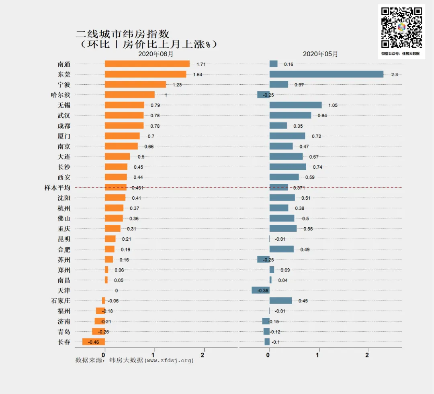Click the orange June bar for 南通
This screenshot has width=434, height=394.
pyautogui.click(x=147, y=64)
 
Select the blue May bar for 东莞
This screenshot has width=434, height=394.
pyautogui.click(x=326, y=74)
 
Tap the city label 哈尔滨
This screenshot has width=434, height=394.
pyautogui.click(x=61, y=95)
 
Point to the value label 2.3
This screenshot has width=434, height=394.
pyautogui.click(x=394, y=75)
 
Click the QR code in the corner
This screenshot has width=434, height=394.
pyautogui.click(x=401, y=28)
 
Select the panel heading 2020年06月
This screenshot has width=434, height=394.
pyautogui.click(x=156, y=54)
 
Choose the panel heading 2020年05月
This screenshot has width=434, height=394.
pyautogui.click(x=320, y=54)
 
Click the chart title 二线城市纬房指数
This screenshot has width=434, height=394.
pyautogui.click(x=123, y=34)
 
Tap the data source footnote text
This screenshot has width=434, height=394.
pyautogui.click(x=135, y=360)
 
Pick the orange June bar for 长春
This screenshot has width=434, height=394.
pyautogui.click(x=94, y=342)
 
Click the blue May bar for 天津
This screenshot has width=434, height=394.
pyautogui.click(x=260, y=290)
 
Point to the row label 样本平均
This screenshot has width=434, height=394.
pyautogui.click(x=57, y=188)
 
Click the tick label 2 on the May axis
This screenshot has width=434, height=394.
pyautogui.click(x=367, y=355)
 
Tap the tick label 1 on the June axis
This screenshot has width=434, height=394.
pyautogui.click(x=154, y=355)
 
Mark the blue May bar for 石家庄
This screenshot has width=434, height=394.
pyautogui.click(x=280, y=300)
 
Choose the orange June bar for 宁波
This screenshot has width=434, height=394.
pyautogui.click(x=135, y=84)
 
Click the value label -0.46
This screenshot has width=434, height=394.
pyautogui.click(x=93, y=342)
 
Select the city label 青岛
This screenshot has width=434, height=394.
pyautogui.click(x=64, y=332)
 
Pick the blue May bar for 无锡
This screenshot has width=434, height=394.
pyautogui.click(x=295, y=105)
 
